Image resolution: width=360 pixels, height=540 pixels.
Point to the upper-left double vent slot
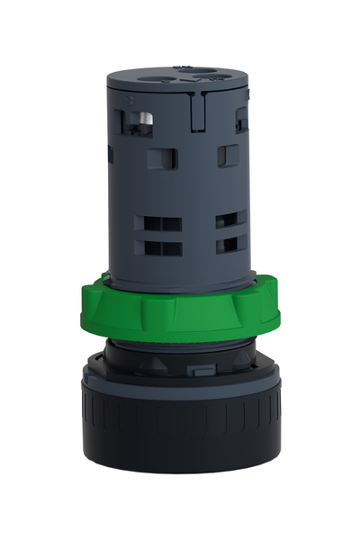click(x=152, y=220)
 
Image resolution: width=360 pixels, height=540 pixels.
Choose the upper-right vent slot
click(x=230, y=219)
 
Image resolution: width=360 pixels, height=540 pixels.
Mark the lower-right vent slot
click(x=230, y=244)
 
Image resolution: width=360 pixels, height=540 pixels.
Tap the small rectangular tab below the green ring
click(x=200, y=369)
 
